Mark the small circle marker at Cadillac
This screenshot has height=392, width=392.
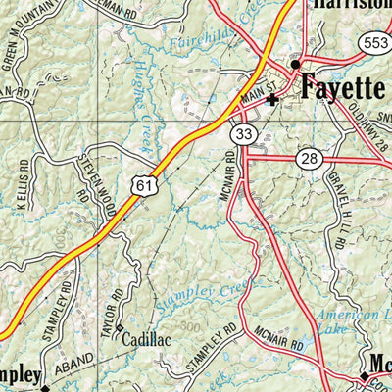pos(120,327)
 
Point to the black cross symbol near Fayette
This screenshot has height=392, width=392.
pos(273,99)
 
